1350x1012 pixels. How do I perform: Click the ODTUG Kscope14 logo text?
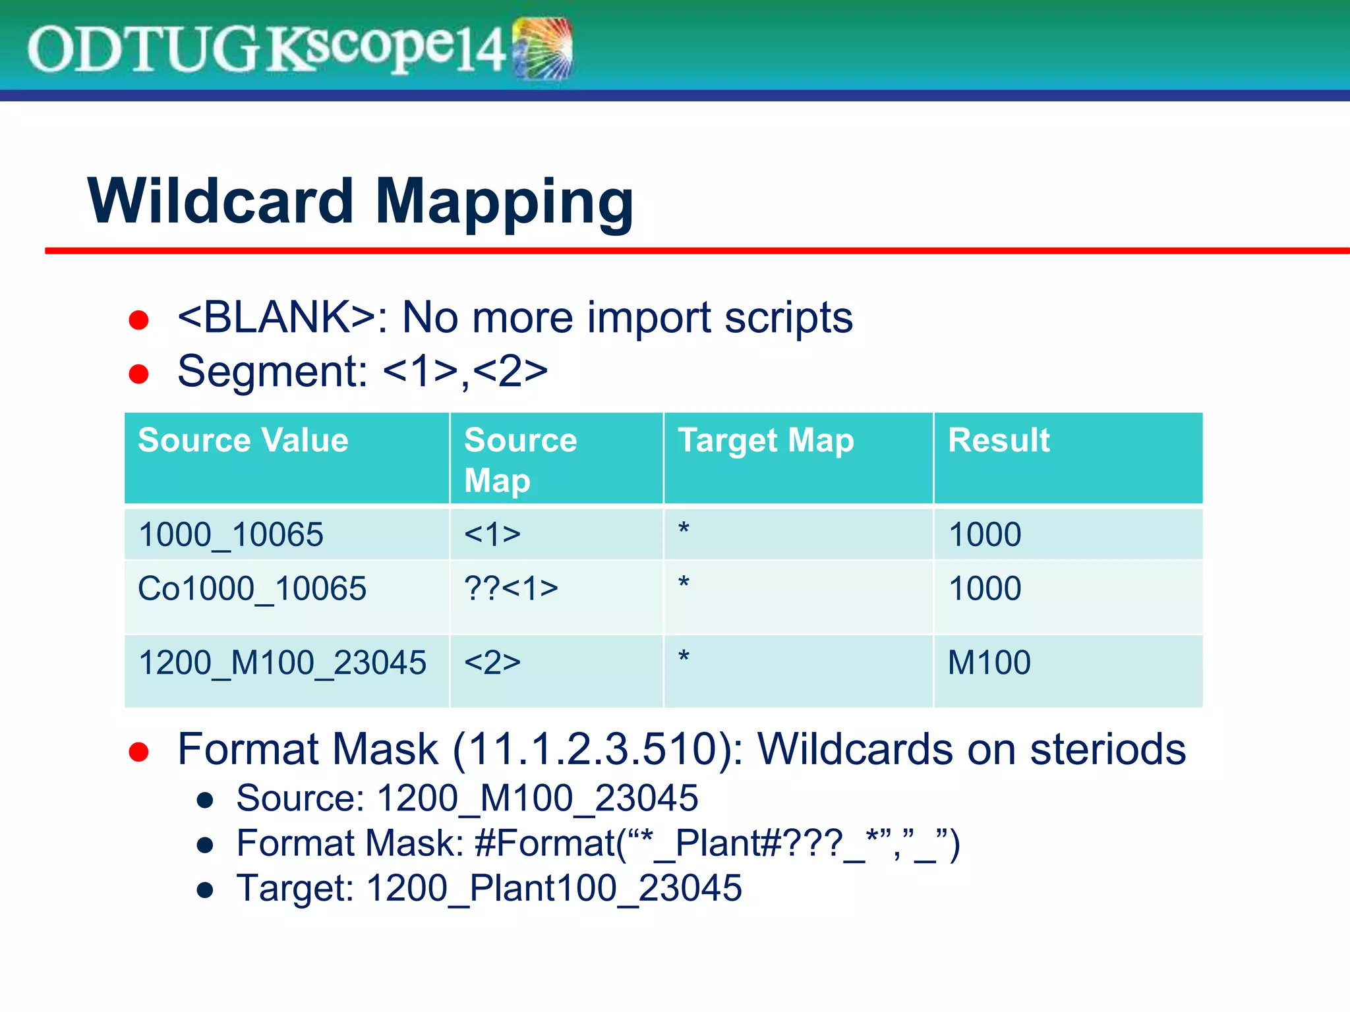tap(264, 49)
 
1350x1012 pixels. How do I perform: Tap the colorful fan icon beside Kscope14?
tap(543, 49)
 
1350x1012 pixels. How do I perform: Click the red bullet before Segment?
tap(138, 374)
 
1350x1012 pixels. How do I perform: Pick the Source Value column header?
tap(243, 440)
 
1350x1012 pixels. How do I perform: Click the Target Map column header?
tap(765, 440)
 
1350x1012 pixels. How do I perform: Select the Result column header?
tap(998, 440)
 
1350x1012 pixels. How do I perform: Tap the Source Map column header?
tap(519, 459)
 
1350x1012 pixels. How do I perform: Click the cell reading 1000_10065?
tap(231, 534)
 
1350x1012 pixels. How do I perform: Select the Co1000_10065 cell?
tap(252, 588)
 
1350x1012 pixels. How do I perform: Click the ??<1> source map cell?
tap(511, 588)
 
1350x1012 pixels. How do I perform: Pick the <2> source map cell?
tap(492, 662)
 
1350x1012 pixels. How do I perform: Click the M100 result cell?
tap(989, 662)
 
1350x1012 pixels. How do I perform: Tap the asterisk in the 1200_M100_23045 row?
tap(684, 658)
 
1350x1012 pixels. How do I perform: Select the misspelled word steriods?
tap(1107, 750)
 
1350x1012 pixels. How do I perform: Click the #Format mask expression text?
tap(717, 843)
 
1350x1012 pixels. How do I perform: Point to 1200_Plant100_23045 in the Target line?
tap(554, 888)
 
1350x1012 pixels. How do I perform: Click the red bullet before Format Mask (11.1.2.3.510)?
tap(138, 752)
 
